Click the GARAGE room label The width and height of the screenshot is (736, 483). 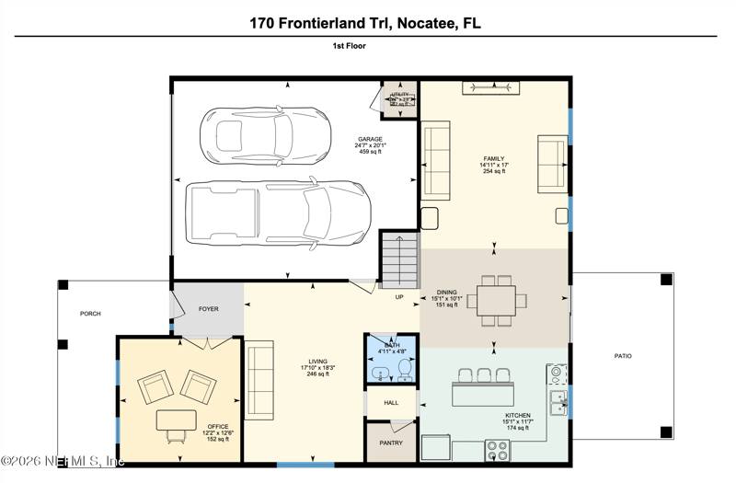pyautogui.click(x=370, y=140)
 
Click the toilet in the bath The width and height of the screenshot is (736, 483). pyautogui.click(x=403, y=369)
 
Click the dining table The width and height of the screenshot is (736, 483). pyautogui.click(x=497, y=301)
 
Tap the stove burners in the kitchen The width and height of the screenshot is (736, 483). pyautogui.click(x=497, y=450)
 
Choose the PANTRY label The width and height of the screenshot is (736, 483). pyautogui.click(x=392, y=443)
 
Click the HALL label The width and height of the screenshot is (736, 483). pyautogui.click(x=391, y=403)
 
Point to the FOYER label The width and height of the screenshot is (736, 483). pyautogui.click(x=209, y=309)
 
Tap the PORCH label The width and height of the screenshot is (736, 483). pyautogui.click(x=90, y=314)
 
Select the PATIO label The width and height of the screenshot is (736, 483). pyautogui.click(x=624, y=355)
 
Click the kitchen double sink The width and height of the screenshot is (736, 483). pyautogui.click(x=558, y=401)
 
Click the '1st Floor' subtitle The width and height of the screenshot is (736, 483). pyautogui.click(x=350, y=44)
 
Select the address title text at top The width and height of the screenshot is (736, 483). pyautogui.click(x=367, y=20)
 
